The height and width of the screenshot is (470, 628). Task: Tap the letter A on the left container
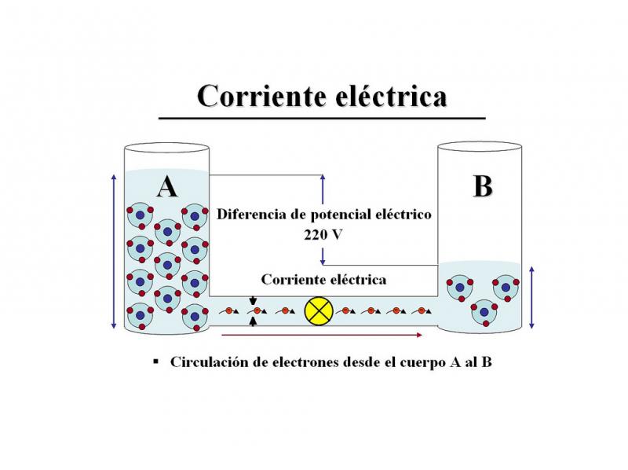166,186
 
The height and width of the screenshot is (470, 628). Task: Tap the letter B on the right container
483,186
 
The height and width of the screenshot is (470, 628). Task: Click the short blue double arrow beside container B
534,297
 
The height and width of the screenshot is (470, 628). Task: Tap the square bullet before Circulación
155,362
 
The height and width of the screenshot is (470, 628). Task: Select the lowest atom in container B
484,312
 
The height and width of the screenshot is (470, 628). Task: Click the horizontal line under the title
322,117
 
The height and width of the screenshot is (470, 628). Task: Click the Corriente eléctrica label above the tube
323,279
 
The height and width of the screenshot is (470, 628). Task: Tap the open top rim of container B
480,146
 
